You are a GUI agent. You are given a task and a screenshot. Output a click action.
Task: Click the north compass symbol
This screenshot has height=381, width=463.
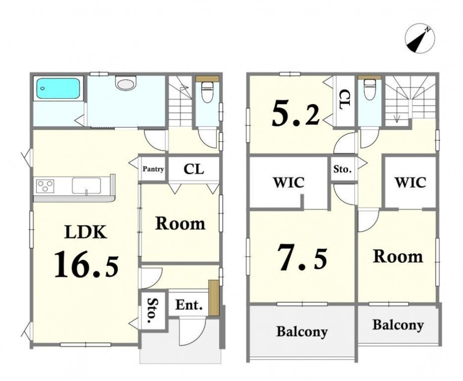420,39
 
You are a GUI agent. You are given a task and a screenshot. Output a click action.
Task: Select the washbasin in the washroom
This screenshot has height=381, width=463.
126,83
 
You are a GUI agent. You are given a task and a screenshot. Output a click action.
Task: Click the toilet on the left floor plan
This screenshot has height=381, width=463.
207,92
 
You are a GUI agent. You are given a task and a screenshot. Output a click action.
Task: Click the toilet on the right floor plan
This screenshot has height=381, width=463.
369,89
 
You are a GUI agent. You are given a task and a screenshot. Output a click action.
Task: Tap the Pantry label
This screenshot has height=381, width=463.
153,169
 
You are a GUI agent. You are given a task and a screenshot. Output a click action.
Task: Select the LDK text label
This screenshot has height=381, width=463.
86,232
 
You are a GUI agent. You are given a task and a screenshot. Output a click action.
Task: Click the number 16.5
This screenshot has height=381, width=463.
87,264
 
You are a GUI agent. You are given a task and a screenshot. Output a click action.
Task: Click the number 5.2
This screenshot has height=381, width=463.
296,113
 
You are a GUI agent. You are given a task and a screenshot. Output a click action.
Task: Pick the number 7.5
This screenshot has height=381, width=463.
302,257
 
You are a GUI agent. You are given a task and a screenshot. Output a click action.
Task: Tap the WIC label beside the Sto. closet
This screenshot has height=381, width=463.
289,182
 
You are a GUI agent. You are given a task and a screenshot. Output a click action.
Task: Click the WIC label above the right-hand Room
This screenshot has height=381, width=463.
410,182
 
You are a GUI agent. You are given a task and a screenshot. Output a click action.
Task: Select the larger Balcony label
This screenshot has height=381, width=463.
302,332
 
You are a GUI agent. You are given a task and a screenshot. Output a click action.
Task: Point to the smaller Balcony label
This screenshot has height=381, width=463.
398,325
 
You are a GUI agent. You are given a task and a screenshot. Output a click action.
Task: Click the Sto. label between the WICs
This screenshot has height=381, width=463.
343,169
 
